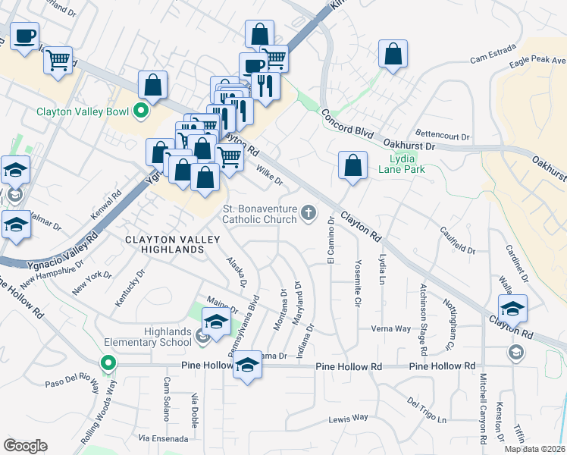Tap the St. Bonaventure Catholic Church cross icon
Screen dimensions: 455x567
[x=308, y=214]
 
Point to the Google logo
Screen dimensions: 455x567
[x=25, y=445]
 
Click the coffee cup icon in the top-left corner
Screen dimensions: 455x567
[x=23, y=36]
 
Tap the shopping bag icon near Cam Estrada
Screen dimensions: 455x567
[x=393, y=55]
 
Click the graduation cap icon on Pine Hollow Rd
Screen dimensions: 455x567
[x=246, y=368]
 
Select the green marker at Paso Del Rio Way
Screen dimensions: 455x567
[x=108, y=364]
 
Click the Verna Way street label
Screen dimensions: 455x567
[x=390, y=328]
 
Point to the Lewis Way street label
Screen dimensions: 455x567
[x=348, y=418]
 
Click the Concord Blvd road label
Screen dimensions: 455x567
[x=348, y=123]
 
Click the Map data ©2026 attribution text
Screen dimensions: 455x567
[x=534, y=449]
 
